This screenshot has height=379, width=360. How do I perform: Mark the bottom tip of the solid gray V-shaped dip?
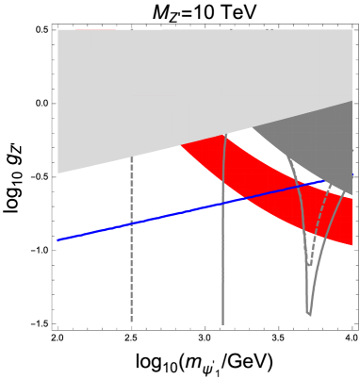(308, 314)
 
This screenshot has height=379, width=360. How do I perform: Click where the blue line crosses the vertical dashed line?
(132, 223)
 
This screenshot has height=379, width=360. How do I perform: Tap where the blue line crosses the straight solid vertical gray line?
(222, 203)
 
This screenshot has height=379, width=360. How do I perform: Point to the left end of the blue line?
(57, 240)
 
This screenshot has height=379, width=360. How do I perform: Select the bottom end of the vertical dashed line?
(132, 321)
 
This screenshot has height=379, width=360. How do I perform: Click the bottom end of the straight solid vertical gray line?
(222, 324)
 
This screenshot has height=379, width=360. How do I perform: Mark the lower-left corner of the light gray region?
(57, 173)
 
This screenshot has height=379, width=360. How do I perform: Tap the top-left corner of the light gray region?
(57, 29)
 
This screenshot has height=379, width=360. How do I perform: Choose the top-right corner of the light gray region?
(352, 29)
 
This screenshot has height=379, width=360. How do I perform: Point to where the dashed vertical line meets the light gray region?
(132, 156)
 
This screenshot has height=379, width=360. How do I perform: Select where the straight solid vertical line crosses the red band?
(223, 165)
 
